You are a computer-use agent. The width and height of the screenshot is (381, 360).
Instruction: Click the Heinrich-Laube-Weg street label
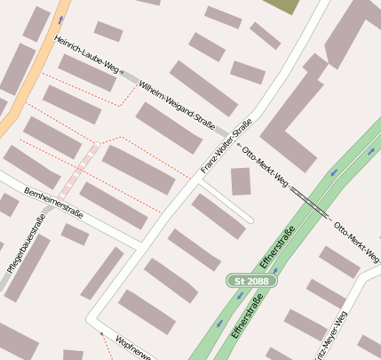click(86, 54)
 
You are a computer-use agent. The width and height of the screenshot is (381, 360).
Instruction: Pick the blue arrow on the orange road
click(60, 19)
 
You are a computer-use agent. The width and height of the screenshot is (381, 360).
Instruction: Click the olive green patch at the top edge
click(282, 5)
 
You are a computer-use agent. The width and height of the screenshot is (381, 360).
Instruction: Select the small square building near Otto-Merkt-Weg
click(241, 180)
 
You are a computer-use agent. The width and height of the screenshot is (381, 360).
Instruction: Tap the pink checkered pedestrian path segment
click(78, 173)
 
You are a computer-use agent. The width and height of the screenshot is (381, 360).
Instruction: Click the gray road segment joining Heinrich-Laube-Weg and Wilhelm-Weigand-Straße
click(130, 77)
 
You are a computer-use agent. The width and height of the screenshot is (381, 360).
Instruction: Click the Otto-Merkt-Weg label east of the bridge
click(356, 233)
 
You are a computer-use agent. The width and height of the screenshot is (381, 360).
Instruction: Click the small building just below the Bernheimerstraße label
click(75, 235)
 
